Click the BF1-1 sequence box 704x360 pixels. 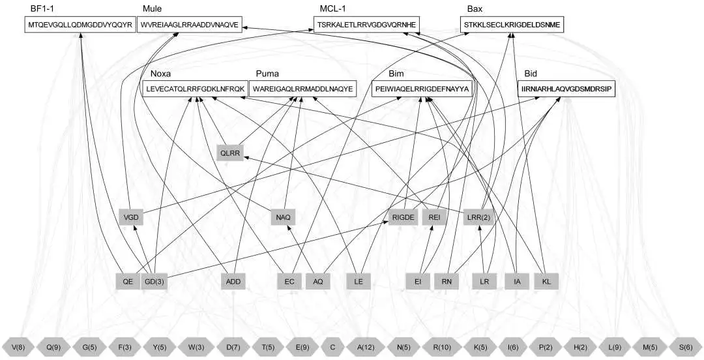tap(80, 25)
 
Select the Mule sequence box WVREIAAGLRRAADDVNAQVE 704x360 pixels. tap(190, 25)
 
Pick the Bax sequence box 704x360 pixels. tap(512, 25)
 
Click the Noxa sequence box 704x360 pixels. tap(194, 89)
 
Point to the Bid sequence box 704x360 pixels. tap(566, 89)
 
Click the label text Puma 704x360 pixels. tap(267, 74)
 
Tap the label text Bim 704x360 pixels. tap(396, 74)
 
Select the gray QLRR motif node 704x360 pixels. tap(230, 153)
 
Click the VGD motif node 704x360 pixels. tap(131, 218)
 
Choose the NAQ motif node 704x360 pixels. tap(284, 218)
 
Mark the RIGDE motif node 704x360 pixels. tap(403, 218)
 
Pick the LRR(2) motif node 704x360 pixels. tap(480, 218)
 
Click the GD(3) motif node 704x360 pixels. tap(154, 282)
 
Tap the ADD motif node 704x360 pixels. tap(233, 282)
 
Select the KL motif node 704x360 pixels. tap(546, 282)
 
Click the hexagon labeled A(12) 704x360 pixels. tap(366, 347)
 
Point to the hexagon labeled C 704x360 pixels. tap(332, 347)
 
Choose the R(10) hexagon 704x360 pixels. tap(442, 347)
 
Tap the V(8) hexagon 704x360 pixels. tap(18, 347)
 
